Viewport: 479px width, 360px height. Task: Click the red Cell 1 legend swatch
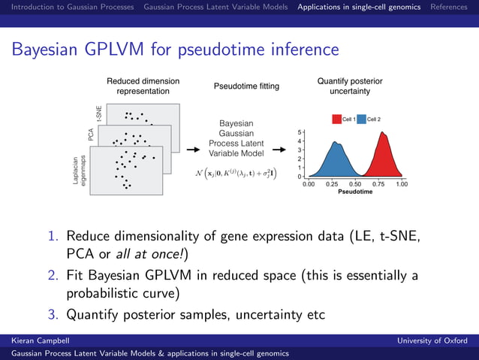click(336, 119)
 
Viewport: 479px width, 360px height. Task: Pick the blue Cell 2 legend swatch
click(361, 119)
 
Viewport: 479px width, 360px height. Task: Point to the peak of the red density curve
click(384, 133)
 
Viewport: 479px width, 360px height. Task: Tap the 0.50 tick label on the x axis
click(355, 183)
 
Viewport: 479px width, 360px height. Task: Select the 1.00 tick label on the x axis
click(402, 183)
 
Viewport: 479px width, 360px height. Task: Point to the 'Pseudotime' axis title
click(355, 192)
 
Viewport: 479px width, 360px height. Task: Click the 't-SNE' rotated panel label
click(99, 113)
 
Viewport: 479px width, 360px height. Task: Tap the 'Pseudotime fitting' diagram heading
click(246, 86)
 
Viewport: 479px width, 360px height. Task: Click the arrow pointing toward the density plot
click(279, 150)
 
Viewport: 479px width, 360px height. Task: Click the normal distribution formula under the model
click(235, 173)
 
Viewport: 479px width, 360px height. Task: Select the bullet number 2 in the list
click(53, 275)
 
